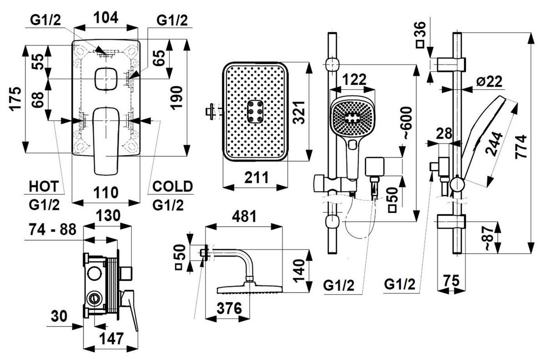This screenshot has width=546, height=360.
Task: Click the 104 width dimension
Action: [x=106, y=18]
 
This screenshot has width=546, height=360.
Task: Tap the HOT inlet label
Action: [x=44, y=186]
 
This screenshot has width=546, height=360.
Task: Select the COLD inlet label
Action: [x=172, y=186]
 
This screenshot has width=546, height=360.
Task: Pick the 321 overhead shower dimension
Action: [x=298, y=112]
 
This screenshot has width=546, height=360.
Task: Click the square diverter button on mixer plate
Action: [x=107, y=79]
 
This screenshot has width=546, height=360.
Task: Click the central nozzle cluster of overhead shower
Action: [x=255, y=111]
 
